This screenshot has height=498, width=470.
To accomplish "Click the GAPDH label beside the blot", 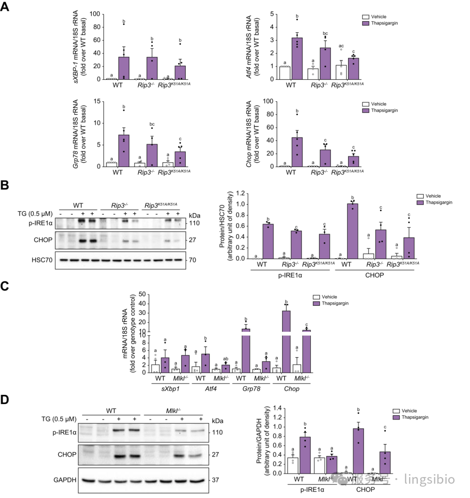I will pyautogui.click(x=65, y=480).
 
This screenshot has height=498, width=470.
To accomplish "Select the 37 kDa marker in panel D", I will pyautogui.click(x=215, y=480).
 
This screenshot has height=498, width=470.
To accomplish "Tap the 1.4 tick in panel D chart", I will pyautogui.click(x=279, y=409).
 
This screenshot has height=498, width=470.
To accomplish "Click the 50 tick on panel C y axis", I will pyautogui.click(x=141, y=294).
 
